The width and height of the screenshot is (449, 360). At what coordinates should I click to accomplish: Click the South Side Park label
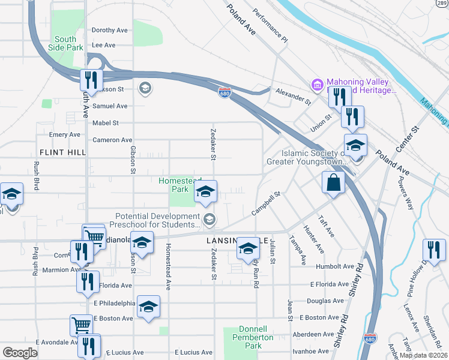[x=67, y=43]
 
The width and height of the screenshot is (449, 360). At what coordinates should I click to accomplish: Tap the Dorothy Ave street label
[x=110, y=30]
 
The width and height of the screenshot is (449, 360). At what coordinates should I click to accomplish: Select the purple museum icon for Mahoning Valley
[x=316, y=83]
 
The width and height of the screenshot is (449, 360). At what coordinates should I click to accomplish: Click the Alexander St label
[x=293, y=96]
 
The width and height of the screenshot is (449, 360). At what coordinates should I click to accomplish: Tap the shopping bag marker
[x=333, y=183]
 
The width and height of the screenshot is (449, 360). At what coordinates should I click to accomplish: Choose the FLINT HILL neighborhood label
[x=63, y=153]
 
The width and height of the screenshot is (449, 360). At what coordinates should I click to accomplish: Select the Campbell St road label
[x=267, y=204]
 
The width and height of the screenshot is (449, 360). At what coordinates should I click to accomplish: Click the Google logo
[x=20, y=352]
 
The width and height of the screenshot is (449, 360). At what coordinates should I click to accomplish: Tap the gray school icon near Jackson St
[x=144, y=89]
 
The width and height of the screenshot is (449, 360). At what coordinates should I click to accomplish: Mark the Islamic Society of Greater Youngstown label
[x=306, y=157]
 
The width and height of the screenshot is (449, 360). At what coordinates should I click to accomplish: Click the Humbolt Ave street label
[x=337, y=266]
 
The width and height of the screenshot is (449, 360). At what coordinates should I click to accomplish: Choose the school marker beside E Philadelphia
[x=148, y=307]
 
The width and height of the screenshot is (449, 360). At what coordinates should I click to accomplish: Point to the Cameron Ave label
[x=112, y=140]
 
